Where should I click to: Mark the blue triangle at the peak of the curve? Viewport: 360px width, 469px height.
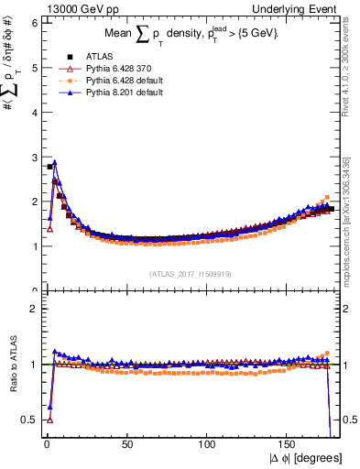[x=55, y=162]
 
